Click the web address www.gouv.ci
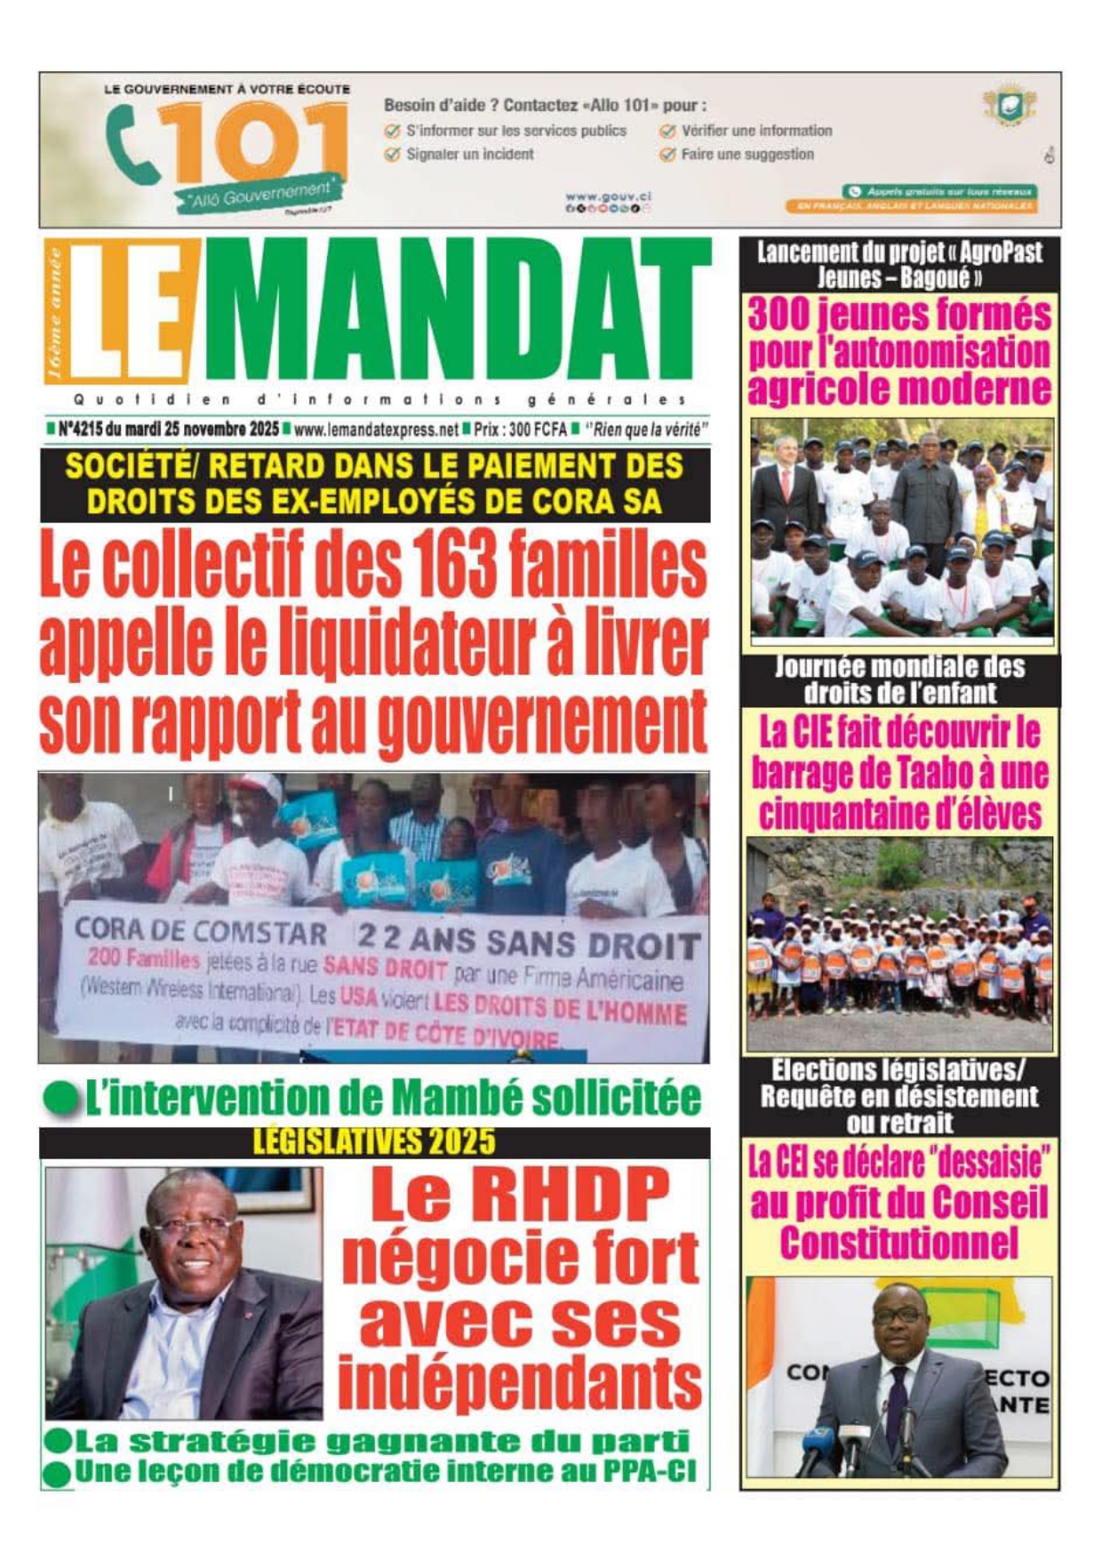pos(608,195)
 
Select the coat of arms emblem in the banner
pos(1009,107)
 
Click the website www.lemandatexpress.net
pos(376,430)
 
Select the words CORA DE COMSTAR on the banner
pos(201,931)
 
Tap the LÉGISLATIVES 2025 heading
pos(374,1141)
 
